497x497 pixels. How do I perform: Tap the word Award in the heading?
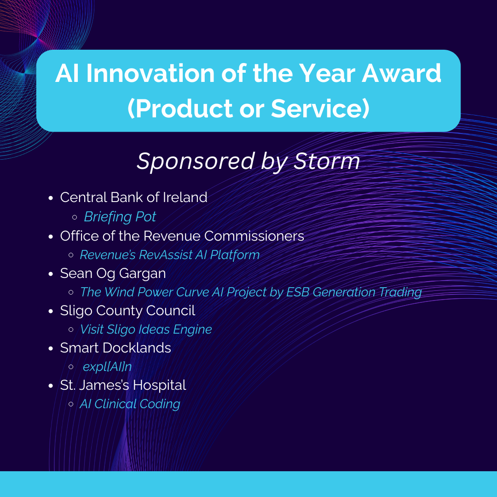click(402, 73)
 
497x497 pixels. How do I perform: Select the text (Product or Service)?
click(248, 109)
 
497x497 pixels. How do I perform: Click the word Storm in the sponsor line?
click(326, 161)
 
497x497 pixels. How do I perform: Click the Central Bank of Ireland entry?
click(133, 197)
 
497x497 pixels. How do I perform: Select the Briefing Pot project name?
click(120, 217)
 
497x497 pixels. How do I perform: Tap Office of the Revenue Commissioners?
click(182, 236)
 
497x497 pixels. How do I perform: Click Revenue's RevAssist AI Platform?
click(169, 255)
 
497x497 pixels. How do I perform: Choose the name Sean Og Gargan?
click(113, 273)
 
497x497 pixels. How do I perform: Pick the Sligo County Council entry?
click(127, 311)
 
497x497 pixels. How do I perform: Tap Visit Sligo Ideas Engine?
click(146, 329)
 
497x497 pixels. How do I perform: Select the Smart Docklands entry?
click(116, 348)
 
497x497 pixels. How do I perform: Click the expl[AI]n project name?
click(107, 367)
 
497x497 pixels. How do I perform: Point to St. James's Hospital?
click(123, 385)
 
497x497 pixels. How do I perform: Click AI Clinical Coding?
click(130, 404)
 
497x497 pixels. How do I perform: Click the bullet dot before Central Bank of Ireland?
click(51, 198)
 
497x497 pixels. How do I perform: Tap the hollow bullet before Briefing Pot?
click(75, 217)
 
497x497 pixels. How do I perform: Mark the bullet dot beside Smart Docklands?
click(51, 349)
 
